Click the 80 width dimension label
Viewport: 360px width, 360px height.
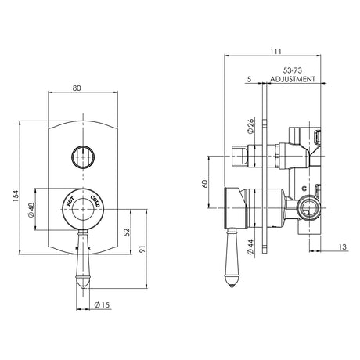coord(77,88)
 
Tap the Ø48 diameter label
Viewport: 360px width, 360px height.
coord(31,210)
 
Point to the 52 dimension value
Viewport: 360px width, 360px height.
coord(126,232)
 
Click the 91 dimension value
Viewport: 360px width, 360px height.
coord(142,249)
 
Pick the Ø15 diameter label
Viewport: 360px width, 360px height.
coord(102,304)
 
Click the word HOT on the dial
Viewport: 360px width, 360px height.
coord(70,202)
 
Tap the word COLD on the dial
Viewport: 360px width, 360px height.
coord(95,201)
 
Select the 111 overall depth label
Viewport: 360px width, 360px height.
coord(275,52)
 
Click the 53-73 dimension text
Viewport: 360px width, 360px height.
coord(293,70)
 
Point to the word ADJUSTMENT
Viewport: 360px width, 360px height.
coord(293,79)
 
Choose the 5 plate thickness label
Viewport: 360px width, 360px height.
coord(249,79)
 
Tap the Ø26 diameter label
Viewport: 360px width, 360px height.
coord(250,126)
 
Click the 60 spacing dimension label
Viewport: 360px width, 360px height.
coord(205,184)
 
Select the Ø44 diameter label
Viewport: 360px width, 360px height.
coord(250,247)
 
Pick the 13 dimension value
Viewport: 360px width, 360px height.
coord(343,247)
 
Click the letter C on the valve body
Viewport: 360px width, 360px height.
coord(304,188)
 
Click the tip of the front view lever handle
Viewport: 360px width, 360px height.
coord(83,287)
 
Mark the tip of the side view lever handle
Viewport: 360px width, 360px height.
coord(232,286)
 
